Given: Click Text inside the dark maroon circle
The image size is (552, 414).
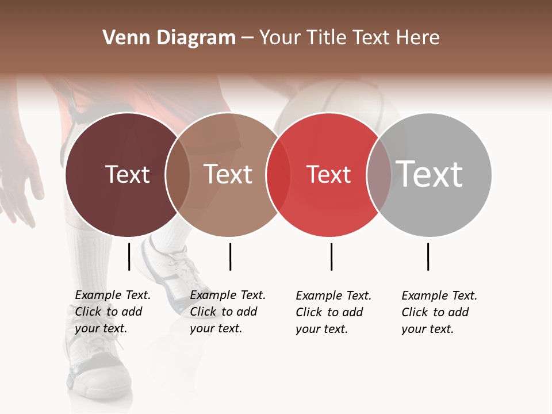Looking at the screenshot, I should click(x=127, y=174).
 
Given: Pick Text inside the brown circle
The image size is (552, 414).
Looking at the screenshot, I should click(x=228, y=174).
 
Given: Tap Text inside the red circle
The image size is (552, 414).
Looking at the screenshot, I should click(x=328, y=174).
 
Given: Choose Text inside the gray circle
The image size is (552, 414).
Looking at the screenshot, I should click(x=430, y=174).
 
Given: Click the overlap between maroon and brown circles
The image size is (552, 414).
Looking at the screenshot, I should click(x=178, y=175).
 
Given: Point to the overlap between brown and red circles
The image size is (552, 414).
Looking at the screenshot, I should click(x=278, y=175).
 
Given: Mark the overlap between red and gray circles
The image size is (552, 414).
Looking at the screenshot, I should click(x=379, y=175).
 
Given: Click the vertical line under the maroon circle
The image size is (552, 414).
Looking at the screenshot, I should click(x=129, y=256).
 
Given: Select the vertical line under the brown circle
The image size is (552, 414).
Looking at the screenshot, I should click(x=230, y=256).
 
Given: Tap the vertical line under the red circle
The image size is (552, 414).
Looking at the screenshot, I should click(x=331, y=256).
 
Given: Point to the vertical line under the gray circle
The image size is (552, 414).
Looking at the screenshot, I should click(x=428, y=256).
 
